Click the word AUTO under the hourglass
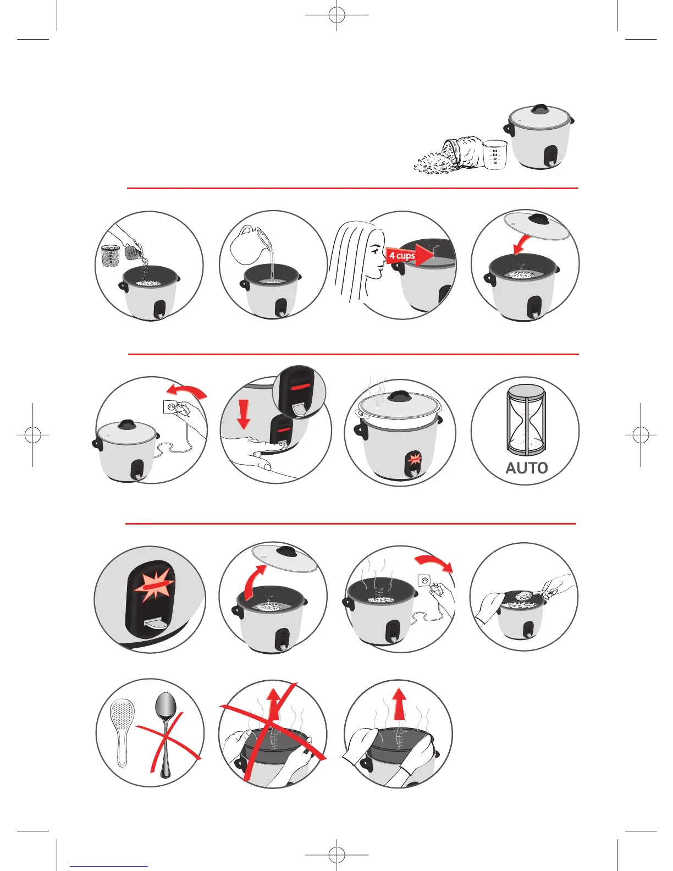(527, 468)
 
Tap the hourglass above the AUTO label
(526, 420)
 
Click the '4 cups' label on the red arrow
(402, 256)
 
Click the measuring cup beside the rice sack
(495, 155)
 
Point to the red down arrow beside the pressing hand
(243, 414)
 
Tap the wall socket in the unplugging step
(425, 581)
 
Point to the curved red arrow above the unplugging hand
(434, 563)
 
